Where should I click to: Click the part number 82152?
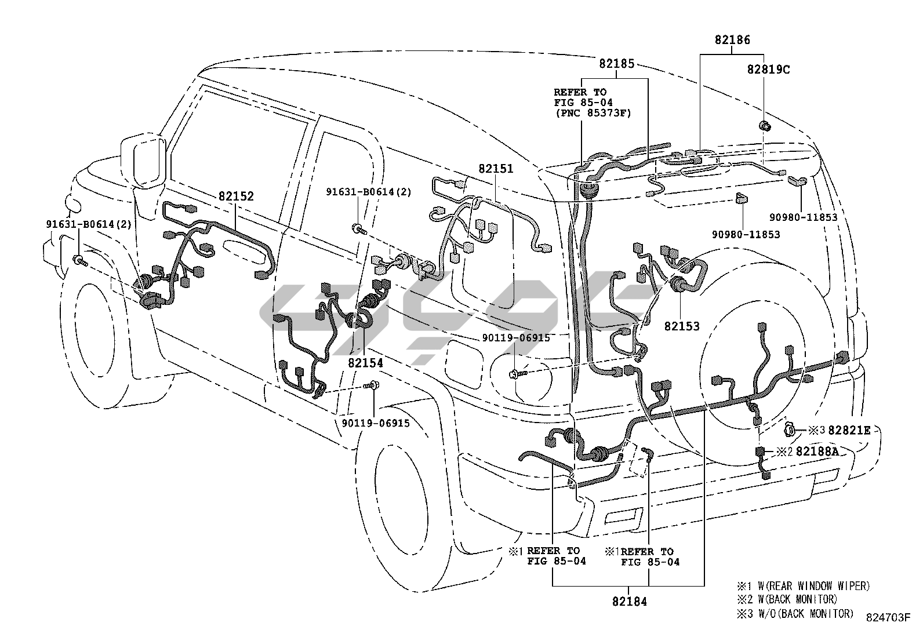click(x=236, y=196)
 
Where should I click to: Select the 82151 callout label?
click(x=496, y=169)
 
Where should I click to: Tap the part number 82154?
click(x=366, y=362)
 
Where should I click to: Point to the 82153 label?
click(x=682, y=326)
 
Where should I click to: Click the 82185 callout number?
click(x=617, y=64)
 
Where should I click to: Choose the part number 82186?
click(x=732, y=40)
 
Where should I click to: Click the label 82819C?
click(x=768, y=70)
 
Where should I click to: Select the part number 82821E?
click(x=849, y=430)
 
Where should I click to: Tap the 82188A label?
click(x=817, y=451)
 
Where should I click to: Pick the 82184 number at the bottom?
click(x=629, y=602)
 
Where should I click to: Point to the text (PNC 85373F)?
click(x=592, y=112)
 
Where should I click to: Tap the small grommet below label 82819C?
click(x=765, y=126)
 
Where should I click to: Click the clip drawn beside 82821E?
click(x=791, y=429)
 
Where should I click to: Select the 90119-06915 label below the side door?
click(x=376, y=423)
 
